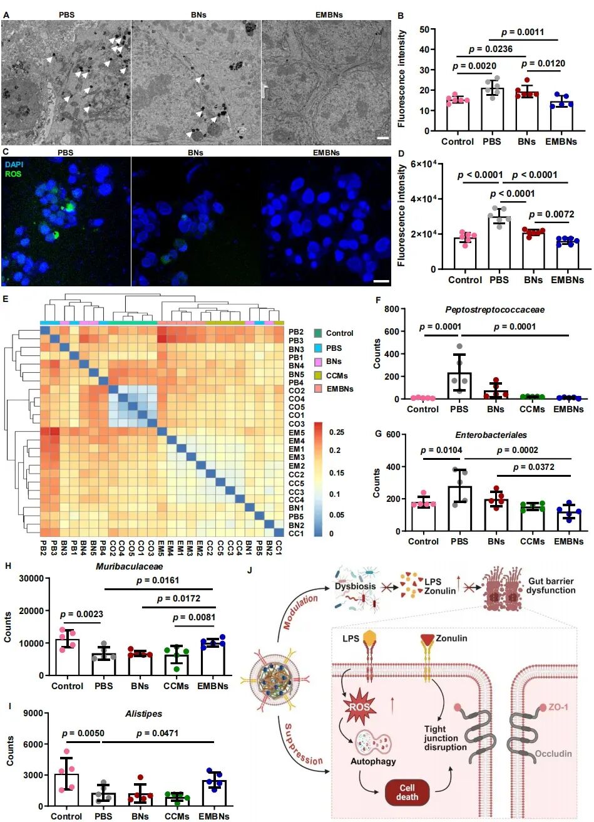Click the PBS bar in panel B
click(493, 110)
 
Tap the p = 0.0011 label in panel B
click(523, 33)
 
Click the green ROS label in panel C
click(13, 174)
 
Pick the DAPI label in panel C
click(14, 165)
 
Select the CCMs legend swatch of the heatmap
click(318, 375)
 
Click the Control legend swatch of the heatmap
click(318, 333)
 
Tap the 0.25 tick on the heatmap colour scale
click(337, 432)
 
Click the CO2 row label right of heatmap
click(296, 390)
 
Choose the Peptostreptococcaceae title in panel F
click(494, 310)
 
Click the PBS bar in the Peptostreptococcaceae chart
click(459, 386)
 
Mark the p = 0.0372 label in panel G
click(533, 467)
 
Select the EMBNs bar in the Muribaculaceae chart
click(213, 659)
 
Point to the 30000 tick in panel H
click(31, 579)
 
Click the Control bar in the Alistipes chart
click(67, 789)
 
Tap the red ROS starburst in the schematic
click(361, 707)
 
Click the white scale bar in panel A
click(382, 138)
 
